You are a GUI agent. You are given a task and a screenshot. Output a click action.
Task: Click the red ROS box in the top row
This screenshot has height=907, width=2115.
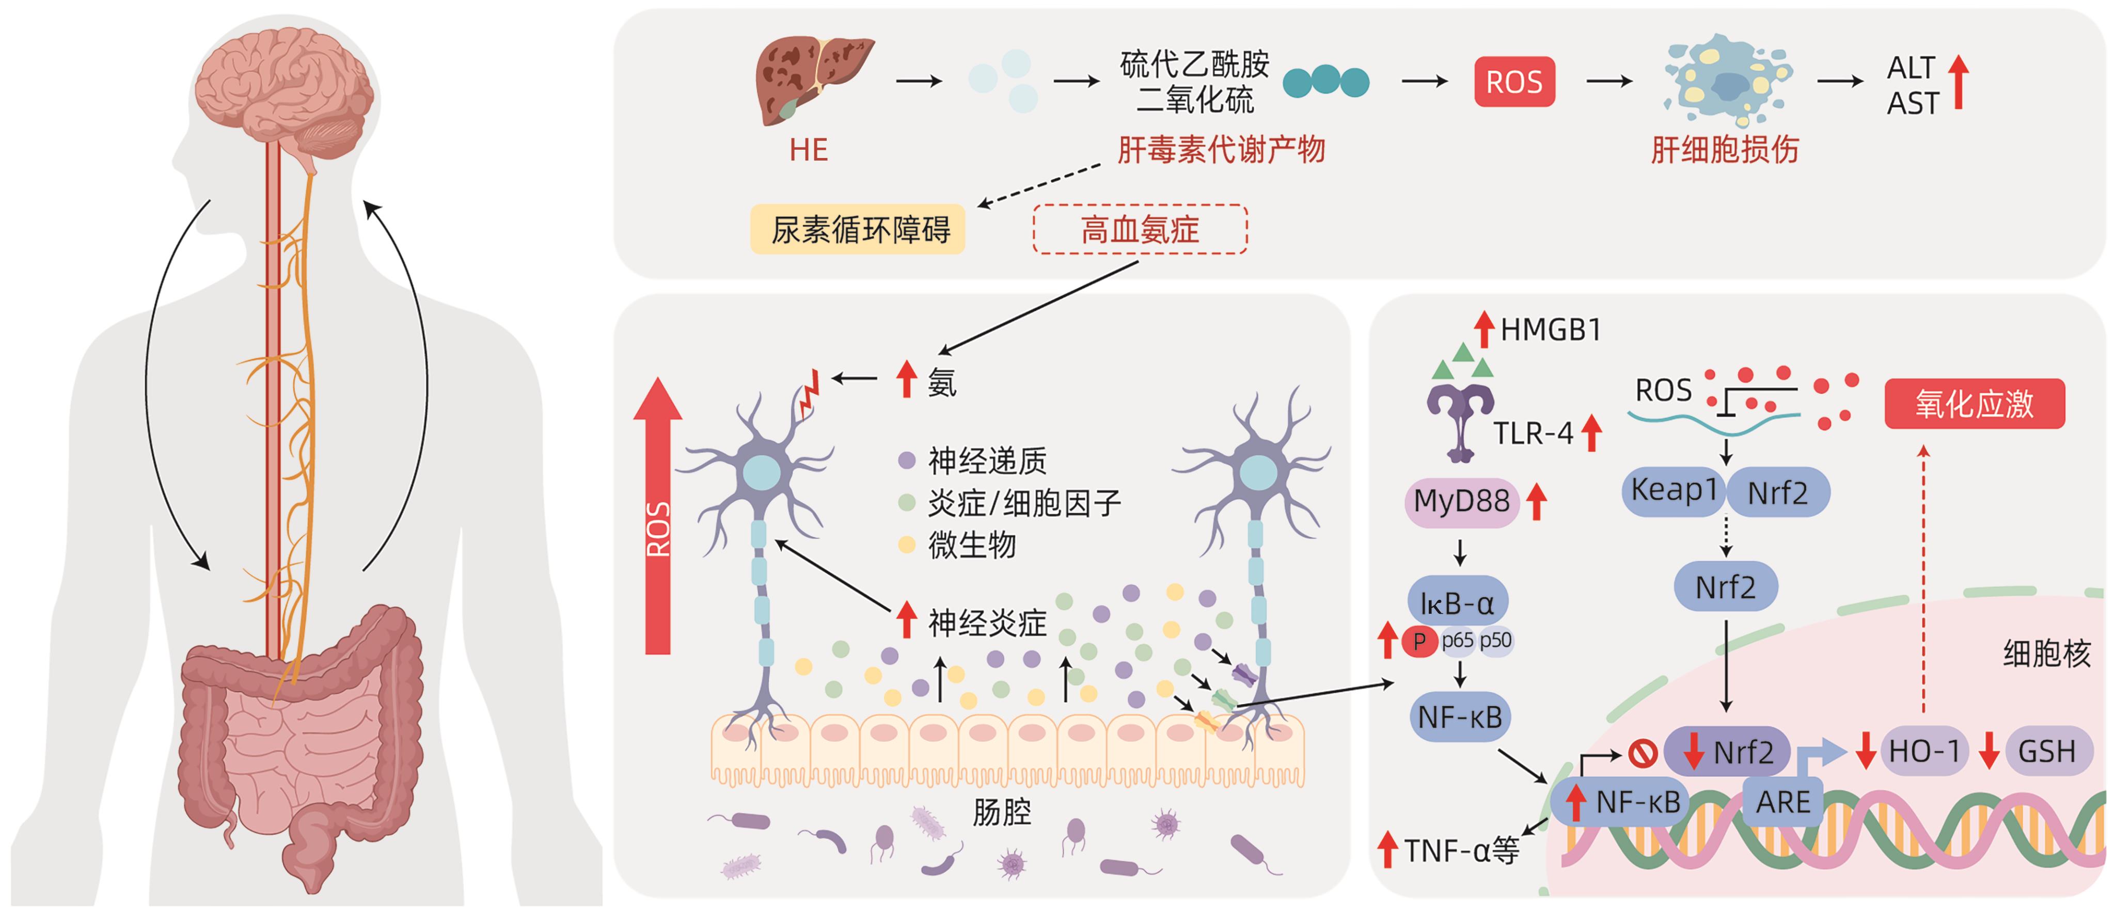click(x=1514, y=81)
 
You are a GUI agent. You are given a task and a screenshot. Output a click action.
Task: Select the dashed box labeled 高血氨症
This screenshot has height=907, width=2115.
click(x=1140, y=229)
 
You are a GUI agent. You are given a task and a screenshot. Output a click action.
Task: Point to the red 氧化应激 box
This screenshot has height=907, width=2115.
click(x=1974, y=404)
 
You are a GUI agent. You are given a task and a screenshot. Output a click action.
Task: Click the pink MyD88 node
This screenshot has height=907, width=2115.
click(x=1461, y=501)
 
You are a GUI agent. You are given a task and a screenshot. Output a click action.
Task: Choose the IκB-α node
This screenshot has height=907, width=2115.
click(x=1457, y=603)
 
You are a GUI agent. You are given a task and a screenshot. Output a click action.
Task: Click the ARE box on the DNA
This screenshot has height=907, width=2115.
click(x=1782, y=802)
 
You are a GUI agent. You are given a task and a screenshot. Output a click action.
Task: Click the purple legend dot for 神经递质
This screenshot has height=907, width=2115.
click(x=906, y=459)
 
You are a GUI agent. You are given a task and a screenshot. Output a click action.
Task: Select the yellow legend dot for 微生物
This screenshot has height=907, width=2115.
click(x=906, y=544)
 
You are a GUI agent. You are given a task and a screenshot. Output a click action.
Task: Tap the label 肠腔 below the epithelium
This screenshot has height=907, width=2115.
click(x=1002, y=812)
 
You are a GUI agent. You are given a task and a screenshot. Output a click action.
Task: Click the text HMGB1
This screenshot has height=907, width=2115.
click(x=1550, y=330)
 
